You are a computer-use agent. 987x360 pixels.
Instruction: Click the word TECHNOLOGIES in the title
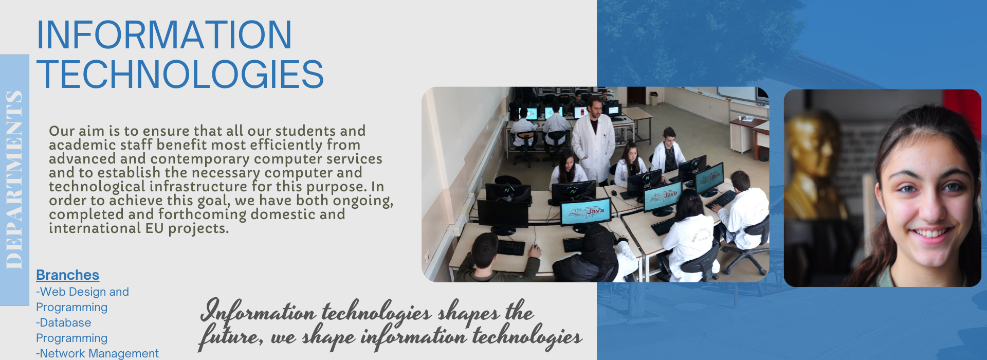coord(180,74)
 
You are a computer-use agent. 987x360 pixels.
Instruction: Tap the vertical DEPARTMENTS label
coord(14,179)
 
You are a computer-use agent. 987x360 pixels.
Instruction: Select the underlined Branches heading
coord(67,275)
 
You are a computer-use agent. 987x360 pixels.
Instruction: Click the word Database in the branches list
coord(65,322)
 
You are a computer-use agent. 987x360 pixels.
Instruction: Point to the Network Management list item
coord(97,353)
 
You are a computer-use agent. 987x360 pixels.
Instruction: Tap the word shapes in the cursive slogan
coord(468,313)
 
